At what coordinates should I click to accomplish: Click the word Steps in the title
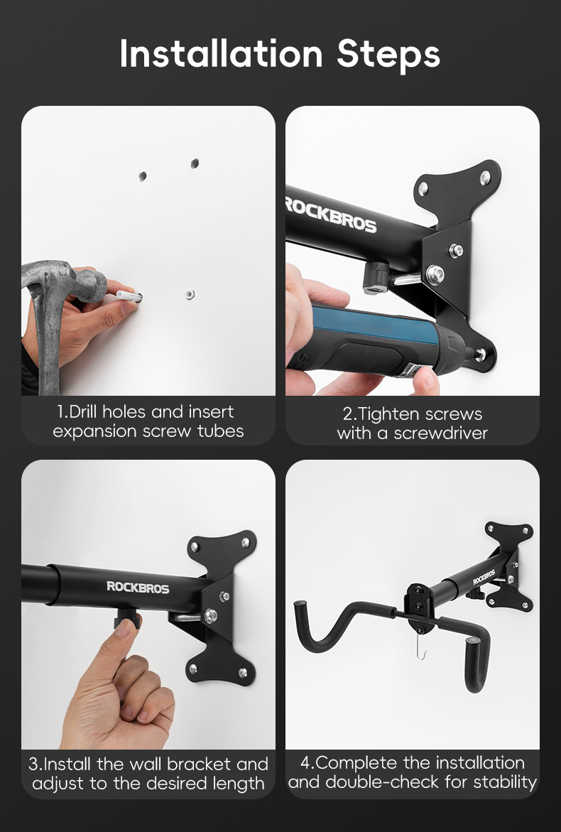click(x=388, y=55)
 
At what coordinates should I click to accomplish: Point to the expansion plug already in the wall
click(x=189, y=293)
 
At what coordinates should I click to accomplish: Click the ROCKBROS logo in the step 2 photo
click(x=330, y=214)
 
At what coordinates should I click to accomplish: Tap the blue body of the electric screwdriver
click(x=369, y=329)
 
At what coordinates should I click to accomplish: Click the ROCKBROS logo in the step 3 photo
click(x=138, y=586)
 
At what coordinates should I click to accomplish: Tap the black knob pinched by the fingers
click(x=127, y=625)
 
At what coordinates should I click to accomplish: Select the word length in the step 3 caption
click(x=241, y=784)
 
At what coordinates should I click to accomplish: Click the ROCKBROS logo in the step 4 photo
click(x=484, y=577)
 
